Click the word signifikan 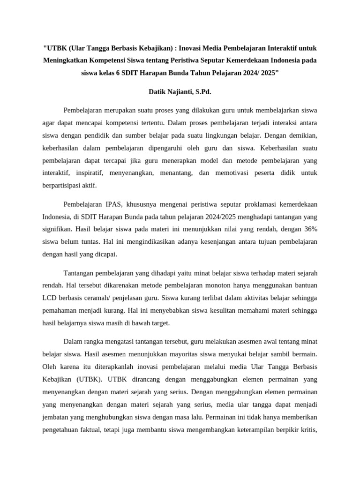pyautogui.click(x=57, y=230)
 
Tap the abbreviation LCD pyautogui.click(x=50, y=298)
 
